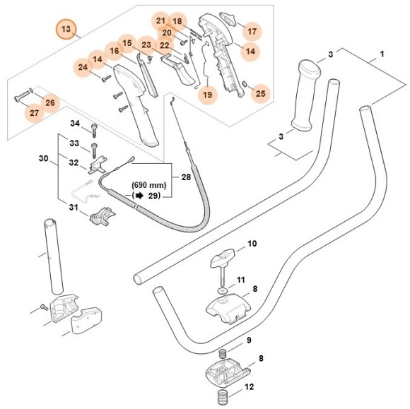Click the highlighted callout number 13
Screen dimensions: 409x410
point(66,30)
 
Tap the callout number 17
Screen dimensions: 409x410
point(252,31)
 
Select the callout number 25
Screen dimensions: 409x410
point(261,93)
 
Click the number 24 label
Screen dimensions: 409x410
point(83,68)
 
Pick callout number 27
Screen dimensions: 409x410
point(34,113)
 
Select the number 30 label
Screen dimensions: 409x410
point(43,160)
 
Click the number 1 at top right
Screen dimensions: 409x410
point(382,54)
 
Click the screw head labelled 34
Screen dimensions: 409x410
point(93,129)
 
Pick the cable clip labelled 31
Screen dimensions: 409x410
point(102,215)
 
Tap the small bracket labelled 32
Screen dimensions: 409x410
point(97,168)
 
